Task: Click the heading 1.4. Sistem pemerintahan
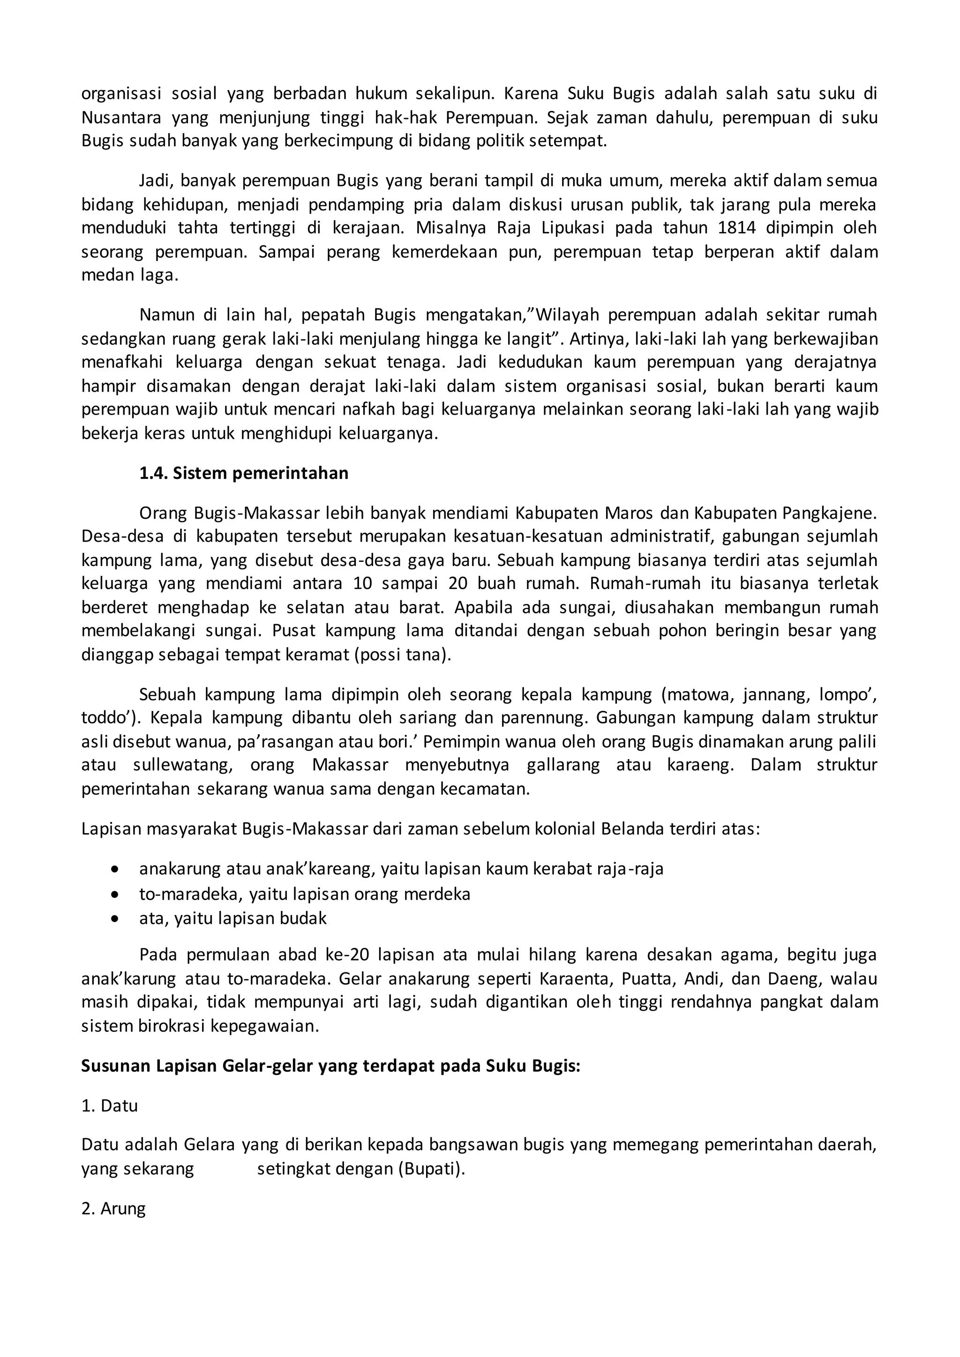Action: tap(244, 473)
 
